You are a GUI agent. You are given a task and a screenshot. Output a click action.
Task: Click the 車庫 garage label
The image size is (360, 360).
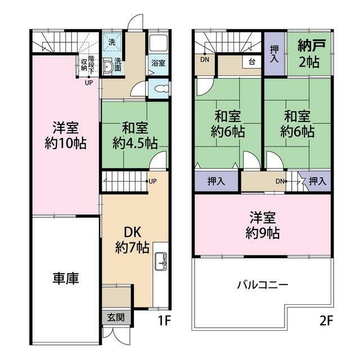66,278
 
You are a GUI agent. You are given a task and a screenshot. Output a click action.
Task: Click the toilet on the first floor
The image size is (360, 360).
159,89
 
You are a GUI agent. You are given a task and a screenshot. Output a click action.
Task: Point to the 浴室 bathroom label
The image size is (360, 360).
158,64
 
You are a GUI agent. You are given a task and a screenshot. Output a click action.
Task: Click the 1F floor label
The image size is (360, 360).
164,322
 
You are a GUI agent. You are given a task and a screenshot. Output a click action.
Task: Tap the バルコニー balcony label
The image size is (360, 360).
262,285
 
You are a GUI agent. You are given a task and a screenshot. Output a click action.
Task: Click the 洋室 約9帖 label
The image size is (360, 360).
263,224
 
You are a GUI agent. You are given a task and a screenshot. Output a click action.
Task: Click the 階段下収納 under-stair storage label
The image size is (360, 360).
85,62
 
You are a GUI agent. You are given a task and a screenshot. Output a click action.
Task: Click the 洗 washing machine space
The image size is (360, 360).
111,42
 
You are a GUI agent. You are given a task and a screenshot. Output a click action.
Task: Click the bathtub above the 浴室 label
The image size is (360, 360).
159,43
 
